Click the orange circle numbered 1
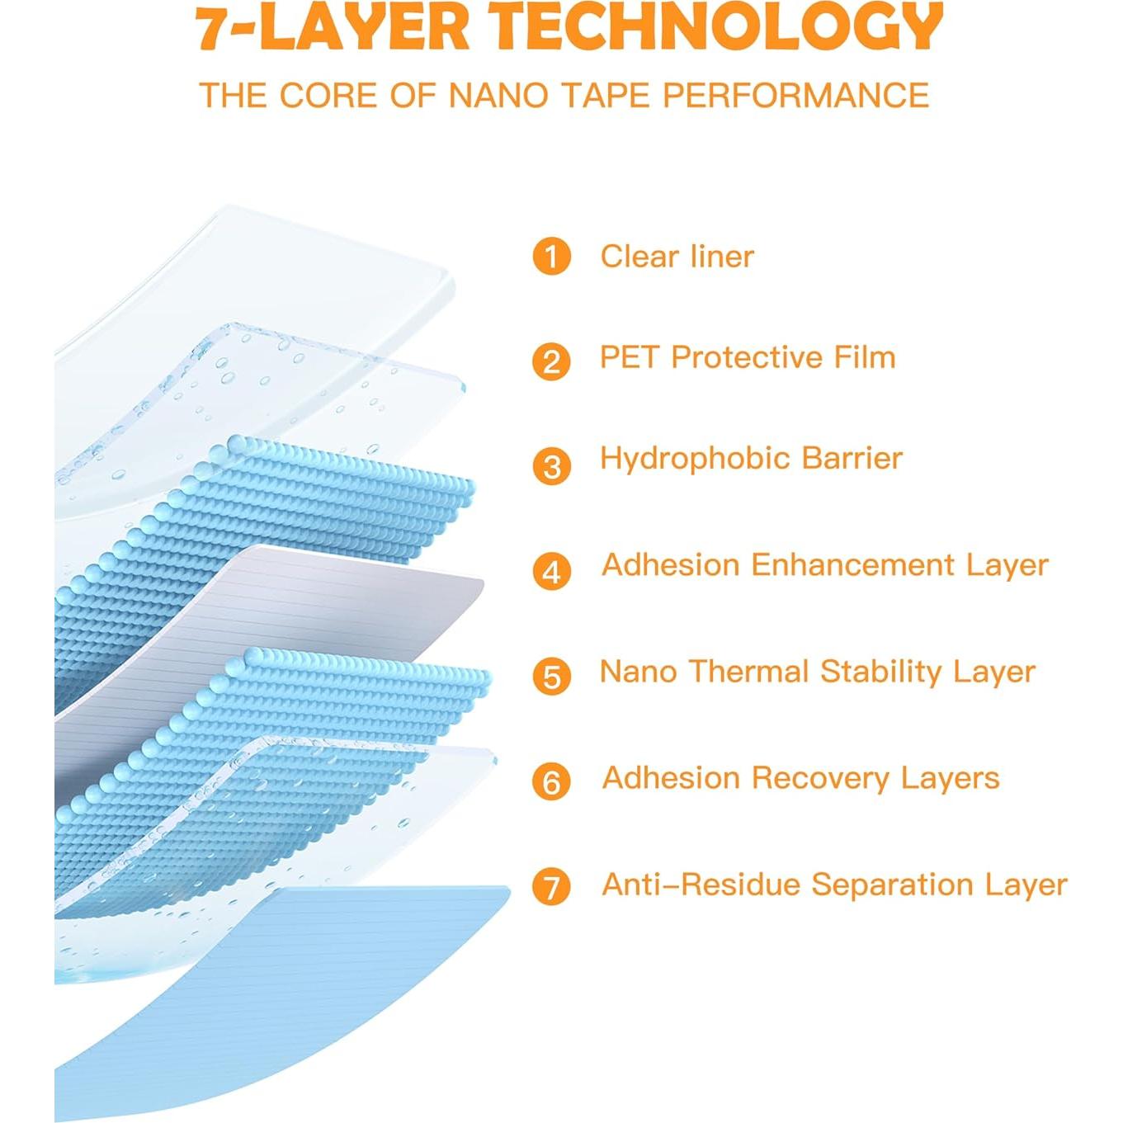[550, 257]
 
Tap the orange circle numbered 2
[550, 361]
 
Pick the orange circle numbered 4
[550, 572]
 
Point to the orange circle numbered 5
[550, 677]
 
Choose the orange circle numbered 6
[550, 781]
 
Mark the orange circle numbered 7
[550, 886]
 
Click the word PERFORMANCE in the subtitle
[795, 95]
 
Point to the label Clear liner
[677, 257]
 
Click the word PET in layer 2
[629, 356]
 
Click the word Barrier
[852, 459]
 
